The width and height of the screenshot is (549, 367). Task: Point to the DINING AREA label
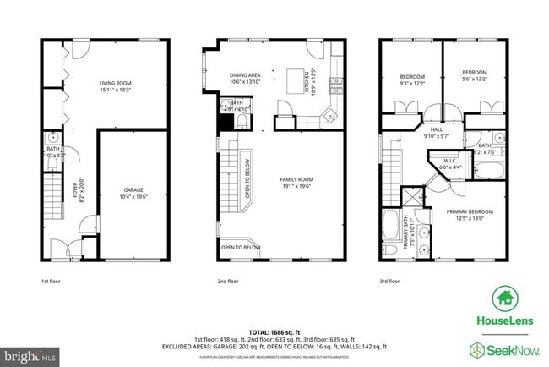tap(244, 75)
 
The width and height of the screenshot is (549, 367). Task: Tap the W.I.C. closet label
tap(448, 162)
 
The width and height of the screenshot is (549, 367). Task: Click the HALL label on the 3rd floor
tap(437, 129)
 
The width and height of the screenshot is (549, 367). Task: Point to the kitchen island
tap(296, 81)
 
